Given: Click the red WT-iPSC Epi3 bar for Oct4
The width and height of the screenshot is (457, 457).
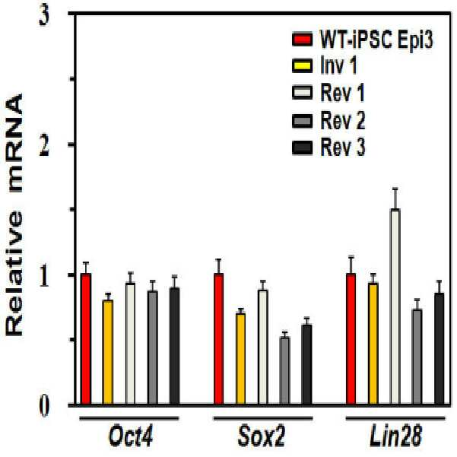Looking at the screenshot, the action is [x=86, y=338].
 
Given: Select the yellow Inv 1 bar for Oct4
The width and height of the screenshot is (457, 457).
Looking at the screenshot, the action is [x=108, y=352].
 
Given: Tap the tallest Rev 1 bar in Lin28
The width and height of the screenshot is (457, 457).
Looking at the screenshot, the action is [x=395, y=306].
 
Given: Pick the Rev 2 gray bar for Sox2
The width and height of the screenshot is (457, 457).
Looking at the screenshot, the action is [x=284, y=370].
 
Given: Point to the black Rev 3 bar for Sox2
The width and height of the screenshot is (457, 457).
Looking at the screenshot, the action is [x=307, y=364].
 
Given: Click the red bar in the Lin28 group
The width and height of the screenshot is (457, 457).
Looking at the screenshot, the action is [x=351, y=338].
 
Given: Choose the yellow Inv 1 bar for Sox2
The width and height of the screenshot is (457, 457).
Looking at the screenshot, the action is [x=240, y=359].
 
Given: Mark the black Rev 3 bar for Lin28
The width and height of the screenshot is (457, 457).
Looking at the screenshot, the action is [x=440, y=348].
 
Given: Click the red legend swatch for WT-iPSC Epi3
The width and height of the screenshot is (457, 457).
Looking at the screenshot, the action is [x=302, y=40].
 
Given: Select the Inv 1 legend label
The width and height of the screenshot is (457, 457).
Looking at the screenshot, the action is [x=338, y=65].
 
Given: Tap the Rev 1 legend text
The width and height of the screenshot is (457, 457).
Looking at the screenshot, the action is [x=342, y=93].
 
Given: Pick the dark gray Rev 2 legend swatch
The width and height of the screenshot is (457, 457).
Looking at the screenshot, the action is [x=302, y=121].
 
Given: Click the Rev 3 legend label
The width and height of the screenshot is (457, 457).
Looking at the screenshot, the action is [x=343, y=148].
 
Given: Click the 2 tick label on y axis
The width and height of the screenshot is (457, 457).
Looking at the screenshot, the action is [x=44, y=147].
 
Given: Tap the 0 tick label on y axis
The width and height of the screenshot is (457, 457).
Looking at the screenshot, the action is [x=44, y=407].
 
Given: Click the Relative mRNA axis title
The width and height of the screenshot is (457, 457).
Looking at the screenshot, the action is [x=14, y=214].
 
